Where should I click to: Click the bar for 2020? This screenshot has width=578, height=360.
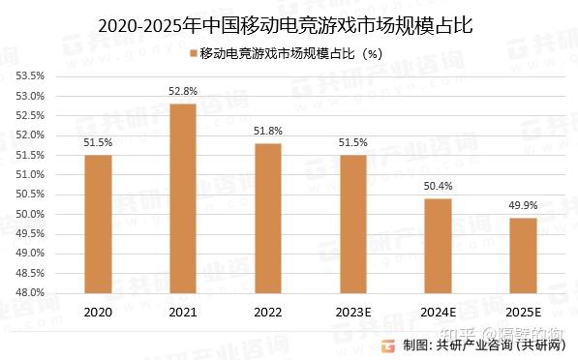pos(98,224)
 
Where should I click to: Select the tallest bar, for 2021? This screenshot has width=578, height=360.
pos(183,197)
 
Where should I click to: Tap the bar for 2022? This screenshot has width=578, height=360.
pos(268,218)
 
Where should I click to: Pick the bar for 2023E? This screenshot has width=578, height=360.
pos(353,224)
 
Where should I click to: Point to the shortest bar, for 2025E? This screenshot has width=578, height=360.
pos(524,255)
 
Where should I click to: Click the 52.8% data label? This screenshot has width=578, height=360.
pos(183,91)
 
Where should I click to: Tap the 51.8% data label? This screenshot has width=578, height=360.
pos(268,131)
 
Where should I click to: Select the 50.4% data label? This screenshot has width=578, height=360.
pos(439,186)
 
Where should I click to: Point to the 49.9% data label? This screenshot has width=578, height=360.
pos(524,205)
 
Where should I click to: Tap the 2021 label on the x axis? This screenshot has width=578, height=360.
pos(183,312)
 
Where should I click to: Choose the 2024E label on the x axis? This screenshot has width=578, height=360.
pos(439,312)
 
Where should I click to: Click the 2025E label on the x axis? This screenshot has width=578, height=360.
pos(524,312)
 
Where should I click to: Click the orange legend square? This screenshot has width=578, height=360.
pos(192,53)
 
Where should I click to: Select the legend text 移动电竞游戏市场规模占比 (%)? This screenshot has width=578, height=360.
pos(290,53)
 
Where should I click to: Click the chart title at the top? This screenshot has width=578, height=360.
pos(289,24)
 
